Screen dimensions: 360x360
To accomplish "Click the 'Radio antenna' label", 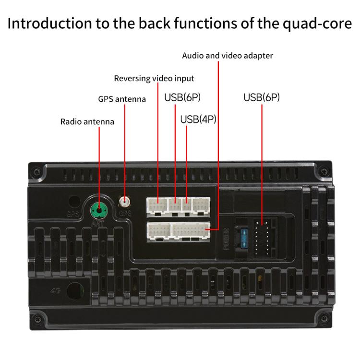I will point(87,122).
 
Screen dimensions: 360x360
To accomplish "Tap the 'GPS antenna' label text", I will point(122,99).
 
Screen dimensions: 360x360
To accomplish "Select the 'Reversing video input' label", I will point(154,78).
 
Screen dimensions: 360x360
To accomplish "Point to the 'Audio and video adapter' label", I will point(227,56).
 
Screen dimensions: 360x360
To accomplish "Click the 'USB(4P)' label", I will point(198,119).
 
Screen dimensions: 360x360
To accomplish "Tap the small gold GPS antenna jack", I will point(125,202).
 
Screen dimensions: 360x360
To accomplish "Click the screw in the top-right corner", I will point(324,171).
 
